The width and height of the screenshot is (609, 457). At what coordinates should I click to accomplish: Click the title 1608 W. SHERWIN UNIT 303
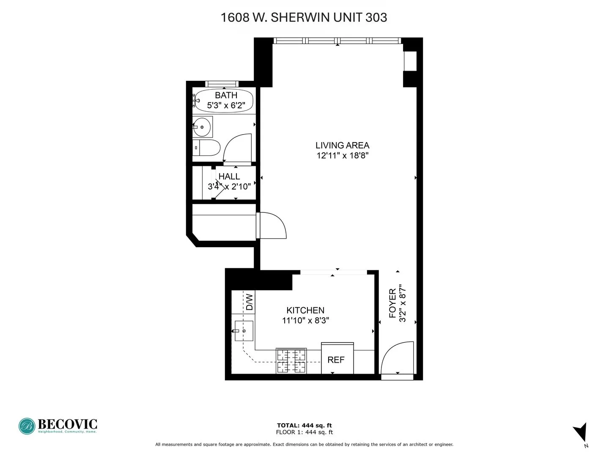point(304,17)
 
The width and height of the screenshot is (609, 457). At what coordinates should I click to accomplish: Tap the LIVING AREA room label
point(342,145)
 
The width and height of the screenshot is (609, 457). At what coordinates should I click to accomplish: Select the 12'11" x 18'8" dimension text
point(342,156)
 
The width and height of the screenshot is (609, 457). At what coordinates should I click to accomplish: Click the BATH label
point(226,95)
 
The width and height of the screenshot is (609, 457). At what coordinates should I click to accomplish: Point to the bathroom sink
point(203,127)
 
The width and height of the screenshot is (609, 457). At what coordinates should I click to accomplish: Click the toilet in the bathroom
point(207,148)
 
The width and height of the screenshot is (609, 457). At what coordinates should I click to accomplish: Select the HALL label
point(229,176)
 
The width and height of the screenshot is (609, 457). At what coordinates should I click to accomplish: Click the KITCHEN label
point(305,310)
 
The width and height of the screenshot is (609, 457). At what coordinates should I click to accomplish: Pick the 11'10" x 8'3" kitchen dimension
point(305,321)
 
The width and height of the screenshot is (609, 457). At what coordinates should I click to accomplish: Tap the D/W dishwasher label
point(250,302)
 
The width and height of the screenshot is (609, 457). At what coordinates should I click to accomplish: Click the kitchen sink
point(244,331)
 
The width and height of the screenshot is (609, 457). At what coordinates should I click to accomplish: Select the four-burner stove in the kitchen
point(291,361)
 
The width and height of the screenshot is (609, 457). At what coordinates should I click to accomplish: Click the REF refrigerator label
point(336,360)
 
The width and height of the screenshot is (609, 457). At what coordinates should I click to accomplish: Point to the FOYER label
point(392,303)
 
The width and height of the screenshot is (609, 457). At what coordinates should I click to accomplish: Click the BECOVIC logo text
point(67,424)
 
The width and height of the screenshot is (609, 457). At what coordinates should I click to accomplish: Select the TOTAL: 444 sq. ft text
point(304,426)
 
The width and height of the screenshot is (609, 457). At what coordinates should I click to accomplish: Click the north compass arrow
point(581,432)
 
